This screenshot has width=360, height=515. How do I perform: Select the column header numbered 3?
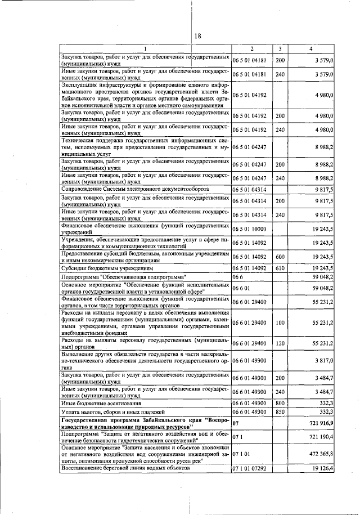coord(280,49)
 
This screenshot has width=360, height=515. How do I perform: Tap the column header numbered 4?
coord(311,49)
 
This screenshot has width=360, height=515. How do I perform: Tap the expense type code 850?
coord(280,412)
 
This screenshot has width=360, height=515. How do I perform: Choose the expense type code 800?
coord(280,404)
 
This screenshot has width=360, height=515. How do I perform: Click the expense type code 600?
coord(280,256)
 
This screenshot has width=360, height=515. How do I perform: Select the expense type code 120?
coord(280,343)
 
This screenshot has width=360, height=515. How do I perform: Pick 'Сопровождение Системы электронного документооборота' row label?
coord(136,189)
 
